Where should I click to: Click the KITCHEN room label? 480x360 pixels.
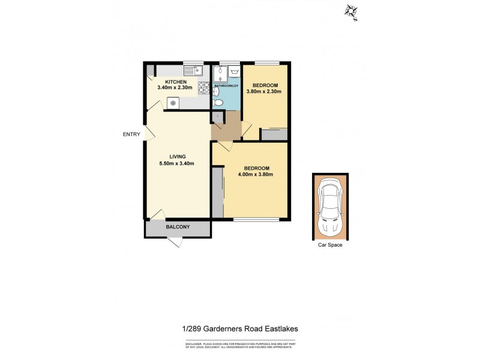[x=176, y=82]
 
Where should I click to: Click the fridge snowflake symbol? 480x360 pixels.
[x=173, y=103]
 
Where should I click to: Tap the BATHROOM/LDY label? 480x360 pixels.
[x=227, y=86]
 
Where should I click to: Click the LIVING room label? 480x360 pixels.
[x=177, y=157]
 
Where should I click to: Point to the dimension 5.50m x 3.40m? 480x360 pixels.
[x=176, y=163]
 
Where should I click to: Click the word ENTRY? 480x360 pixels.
[x=131, y=134]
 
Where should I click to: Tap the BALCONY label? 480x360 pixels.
[x=178, y=227]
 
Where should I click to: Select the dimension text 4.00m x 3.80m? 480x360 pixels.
[x=256, y=175]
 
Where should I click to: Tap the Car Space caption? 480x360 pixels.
[x=330, y=245]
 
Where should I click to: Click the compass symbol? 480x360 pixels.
[x=350, y=10]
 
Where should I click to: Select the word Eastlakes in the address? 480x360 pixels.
[x=278, y=328]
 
